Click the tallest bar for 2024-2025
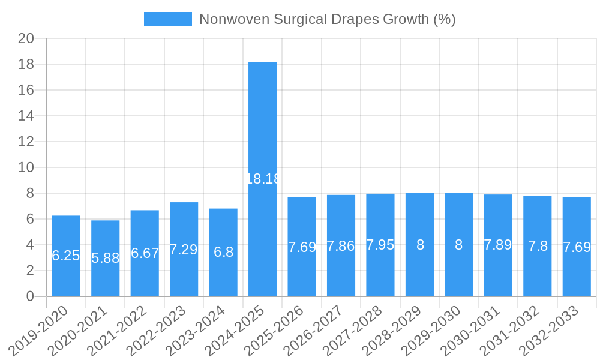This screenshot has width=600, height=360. tap(263, 120)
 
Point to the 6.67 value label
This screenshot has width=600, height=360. tap(145, 253)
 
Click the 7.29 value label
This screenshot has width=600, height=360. tap(184, 250)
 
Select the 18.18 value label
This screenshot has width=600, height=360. tap(263, 178)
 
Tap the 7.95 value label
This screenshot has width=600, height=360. tap(380, 245)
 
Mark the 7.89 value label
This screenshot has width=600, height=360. tap(498, 245)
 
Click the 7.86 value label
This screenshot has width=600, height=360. tap(341, 246)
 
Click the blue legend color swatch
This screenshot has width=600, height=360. tap(168, 19)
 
